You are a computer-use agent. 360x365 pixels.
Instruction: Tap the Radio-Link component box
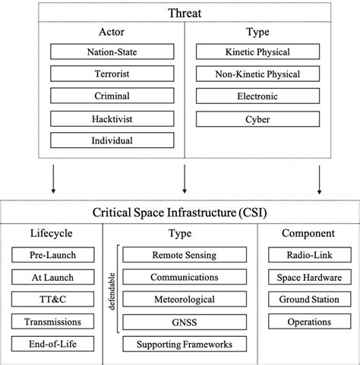309,256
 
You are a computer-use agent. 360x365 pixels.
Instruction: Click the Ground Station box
309,300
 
